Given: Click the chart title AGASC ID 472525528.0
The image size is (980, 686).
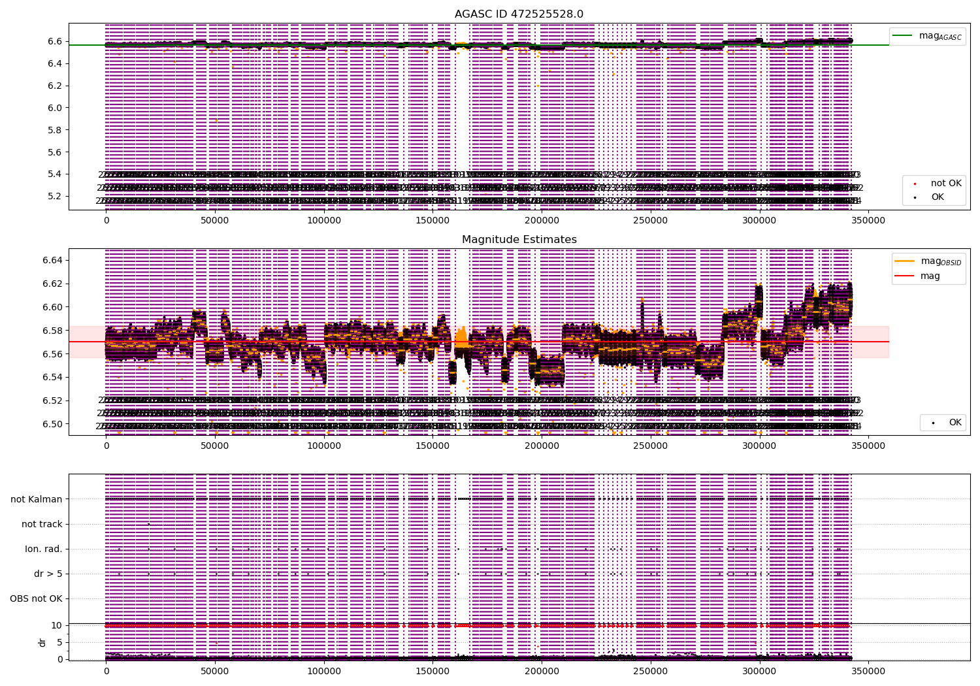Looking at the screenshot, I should [519, 14].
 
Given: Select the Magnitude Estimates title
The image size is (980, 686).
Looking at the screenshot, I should [519, 240].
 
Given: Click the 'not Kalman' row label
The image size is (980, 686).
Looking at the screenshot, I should [37, 499].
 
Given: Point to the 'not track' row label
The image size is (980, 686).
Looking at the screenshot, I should [42, 524].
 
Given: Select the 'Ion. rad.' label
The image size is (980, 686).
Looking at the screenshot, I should [44, 549].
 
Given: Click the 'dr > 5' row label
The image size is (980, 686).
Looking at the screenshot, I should [48, 574].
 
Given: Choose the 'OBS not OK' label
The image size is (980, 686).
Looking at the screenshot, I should [36, 598].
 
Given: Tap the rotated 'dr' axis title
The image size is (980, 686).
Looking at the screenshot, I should [42, 642].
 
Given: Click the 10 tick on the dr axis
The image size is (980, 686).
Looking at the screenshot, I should [57, 625].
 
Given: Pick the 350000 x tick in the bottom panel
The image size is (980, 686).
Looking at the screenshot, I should [868, 671].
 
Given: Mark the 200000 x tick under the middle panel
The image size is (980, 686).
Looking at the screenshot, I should [542, 446].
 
